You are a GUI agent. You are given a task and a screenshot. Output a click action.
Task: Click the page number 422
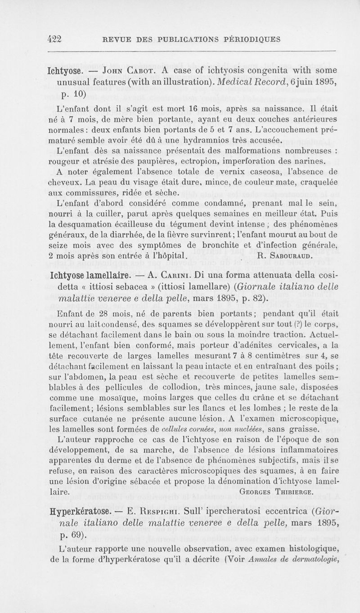pos(57,39)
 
